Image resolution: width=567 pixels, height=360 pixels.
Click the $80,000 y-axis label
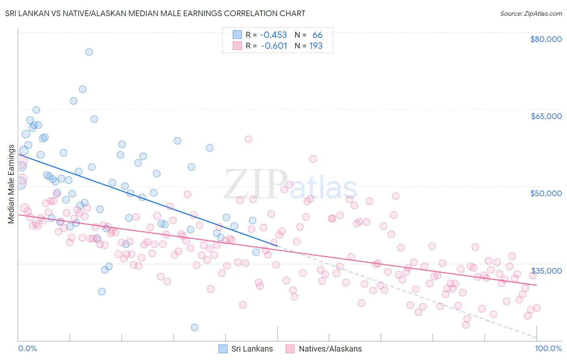[x=546, y=39]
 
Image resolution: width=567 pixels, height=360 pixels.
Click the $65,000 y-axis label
[x=546, y=116]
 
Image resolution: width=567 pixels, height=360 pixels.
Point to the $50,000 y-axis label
[x=546, y=193]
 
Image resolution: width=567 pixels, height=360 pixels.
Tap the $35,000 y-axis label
[x=546, y=270]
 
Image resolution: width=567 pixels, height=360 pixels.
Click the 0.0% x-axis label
[x=27, y=348]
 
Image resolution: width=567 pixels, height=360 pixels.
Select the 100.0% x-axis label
[x=548, y=348]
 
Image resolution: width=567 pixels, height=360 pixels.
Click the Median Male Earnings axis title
[x=11, y=184]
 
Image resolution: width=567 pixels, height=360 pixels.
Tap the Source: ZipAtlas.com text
[x=531, y=13]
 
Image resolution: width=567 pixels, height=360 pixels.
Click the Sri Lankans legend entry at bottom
[x=246, y=349]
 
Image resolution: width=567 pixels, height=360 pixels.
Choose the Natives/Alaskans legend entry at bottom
[x=323, y=349]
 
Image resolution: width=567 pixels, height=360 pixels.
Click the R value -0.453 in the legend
[x=273, y=35]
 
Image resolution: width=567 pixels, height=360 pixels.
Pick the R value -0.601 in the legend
[x=274, y=46]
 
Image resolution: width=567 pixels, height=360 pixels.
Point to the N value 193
[x=316, y=46]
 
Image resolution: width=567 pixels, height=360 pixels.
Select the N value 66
[x=317, y=35]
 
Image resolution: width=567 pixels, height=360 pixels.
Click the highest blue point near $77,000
[x=89, y=52]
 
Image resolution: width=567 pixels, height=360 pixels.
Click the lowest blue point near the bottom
[x=194, y=327]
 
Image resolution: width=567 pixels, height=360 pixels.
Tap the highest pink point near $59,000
[x=248, y=139]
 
